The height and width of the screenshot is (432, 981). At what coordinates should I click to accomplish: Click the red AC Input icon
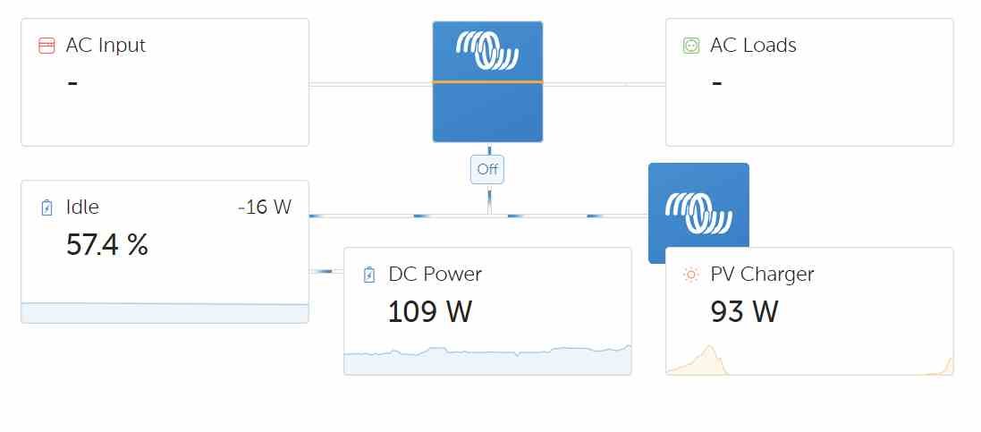[47, 46]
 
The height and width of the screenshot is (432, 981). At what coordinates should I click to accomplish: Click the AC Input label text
[106, 46]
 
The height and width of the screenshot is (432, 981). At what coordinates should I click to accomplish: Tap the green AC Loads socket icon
[690, 46]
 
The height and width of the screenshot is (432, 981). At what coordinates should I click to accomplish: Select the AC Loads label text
[753, 46]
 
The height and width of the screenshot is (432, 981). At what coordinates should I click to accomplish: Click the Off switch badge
[487, 169]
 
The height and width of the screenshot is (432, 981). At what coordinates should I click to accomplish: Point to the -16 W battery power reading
[265, 208]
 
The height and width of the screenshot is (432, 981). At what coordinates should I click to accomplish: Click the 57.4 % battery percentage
[107, 244]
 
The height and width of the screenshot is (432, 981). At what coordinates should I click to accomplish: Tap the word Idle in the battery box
[82, 208]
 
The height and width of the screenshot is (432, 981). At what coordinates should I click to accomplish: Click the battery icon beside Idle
[47, 208]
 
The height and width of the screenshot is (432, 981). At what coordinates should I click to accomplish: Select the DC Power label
[435, 275]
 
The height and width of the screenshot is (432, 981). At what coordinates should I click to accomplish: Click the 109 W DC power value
[429, 311]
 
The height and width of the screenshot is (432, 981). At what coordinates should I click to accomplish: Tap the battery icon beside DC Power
[368, 275]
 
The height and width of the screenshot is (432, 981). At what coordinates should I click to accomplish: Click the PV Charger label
[762, 275]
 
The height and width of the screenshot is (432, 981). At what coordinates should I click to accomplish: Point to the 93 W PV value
[744, 311]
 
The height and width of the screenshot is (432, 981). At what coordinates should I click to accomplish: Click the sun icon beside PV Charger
[690, 275]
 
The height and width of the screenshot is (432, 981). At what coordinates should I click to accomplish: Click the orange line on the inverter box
[487, 81]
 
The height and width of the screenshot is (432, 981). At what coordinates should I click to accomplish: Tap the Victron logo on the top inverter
[487, 50]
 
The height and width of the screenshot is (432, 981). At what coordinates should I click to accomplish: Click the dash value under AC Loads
[716, 82]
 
